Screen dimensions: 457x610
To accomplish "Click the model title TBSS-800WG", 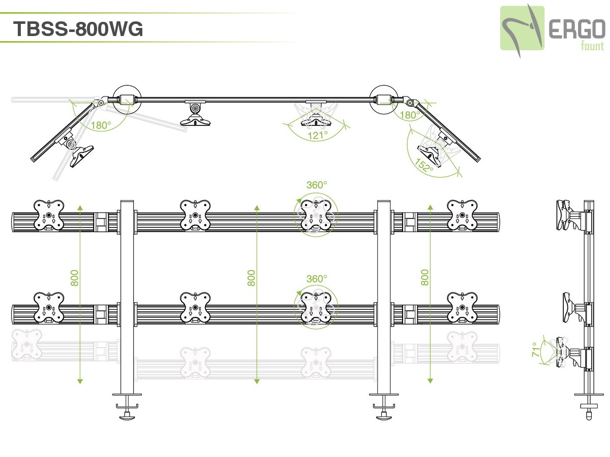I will [78, 29].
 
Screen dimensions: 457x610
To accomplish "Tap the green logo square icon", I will [522, 28].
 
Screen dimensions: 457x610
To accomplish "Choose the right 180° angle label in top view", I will [409, 115].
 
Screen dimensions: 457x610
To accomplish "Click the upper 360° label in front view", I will [317, 185].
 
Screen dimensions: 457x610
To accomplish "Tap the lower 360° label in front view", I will [317, 279].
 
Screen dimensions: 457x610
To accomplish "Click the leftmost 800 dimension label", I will [75, 277].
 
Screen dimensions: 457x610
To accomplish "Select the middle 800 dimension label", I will [252, 277].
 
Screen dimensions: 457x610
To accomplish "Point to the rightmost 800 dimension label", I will [425, 277].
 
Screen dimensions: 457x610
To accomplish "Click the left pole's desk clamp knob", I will [127, 416].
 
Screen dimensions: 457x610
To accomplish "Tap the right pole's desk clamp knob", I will [384, 416].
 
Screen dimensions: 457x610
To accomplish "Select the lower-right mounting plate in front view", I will [462, 308].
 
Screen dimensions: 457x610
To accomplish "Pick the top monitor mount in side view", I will [567, 215].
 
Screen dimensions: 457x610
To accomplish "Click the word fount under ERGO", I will [592, 46].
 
